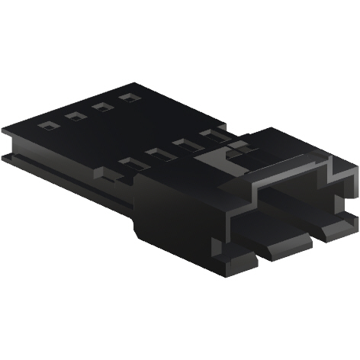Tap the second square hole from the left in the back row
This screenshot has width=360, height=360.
(74, 116)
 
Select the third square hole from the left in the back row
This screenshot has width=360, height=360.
(99, 108)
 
